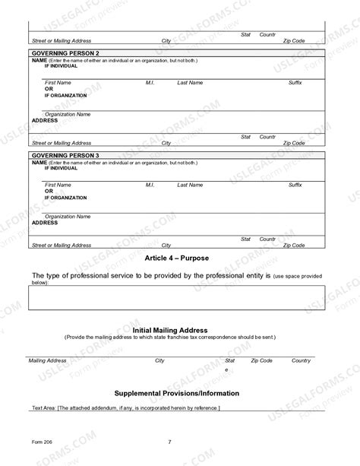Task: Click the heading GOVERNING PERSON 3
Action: (x=65, y=156)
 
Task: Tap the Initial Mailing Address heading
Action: (x=170, y=331)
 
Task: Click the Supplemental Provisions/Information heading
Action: (x=176, y=393)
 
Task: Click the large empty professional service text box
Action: (x=176, y=297)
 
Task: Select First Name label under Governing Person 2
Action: (x=58, y=82)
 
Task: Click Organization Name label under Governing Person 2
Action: (x=67, y=114)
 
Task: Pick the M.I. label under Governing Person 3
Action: (x=150, y=185)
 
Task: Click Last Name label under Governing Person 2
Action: (x=190, y=82)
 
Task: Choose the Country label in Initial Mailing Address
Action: (x=301, y=360)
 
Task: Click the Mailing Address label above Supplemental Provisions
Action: (x=47, y=360)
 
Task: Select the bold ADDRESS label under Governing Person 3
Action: (x=45, y=223)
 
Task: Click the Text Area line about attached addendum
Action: (x=125, y=408)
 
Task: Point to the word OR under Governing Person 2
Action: (x=49, y=89)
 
